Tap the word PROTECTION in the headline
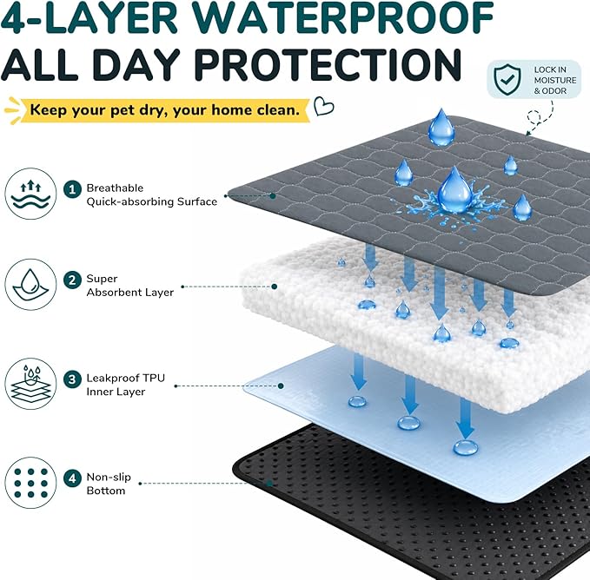coord(328,64)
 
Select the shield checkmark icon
coord(507,79)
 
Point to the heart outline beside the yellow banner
coord(323,106)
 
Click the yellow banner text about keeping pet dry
coord(165,110)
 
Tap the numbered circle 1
coord(72,189)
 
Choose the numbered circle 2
coord(72,280)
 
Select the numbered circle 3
coord(72,379)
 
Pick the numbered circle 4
coord(72,478)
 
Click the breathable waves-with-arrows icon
coord(30,194)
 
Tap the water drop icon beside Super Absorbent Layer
coord(30,285)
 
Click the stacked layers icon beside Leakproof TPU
coord(30,384)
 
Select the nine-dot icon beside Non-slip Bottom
coord(30,483)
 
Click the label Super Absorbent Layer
coord(129,286)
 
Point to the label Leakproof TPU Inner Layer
coord(125,385)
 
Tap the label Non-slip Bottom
coord(109,484)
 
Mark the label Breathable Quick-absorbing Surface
coord(152,194)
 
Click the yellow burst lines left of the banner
coord(12,110)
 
